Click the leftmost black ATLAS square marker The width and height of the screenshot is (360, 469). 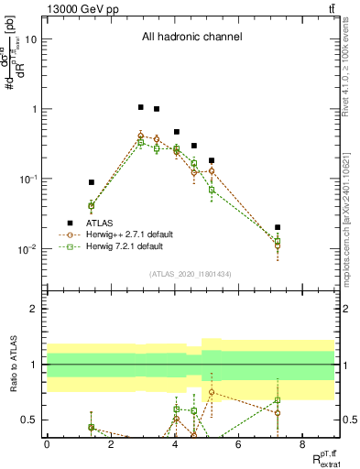91,182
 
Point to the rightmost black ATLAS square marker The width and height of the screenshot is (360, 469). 278,227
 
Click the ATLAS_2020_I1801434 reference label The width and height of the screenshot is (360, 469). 191,274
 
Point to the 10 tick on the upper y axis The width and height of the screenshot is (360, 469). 30,38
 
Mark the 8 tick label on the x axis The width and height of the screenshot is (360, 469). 302,443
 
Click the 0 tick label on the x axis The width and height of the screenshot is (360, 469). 47,443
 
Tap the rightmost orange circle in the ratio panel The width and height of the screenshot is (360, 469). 278,413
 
